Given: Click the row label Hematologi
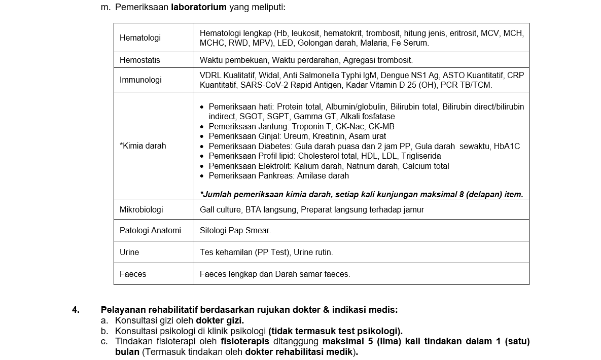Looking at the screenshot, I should click(x=140, y=38).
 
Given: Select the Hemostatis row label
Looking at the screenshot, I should click(x=139, y=60).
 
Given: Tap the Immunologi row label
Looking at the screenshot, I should click(x=140, y=80).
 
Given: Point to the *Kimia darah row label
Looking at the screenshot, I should click(x=143, y=146).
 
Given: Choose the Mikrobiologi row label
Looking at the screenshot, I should click(x=141, y=209).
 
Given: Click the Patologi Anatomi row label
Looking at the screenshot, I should click(x=150, y=231).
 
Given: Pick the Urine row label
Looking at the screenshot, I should click(x=129, y=253).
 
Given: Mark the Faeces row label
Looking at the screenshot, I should click(x=133, y=274).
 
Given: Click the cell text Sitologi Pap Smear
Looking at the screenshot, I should click(x=235, y=231).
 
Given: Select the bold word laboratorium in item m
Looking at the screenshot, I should click(x=199, y=7).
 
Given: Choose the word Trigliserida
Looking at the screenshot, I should click(x=421, y=156).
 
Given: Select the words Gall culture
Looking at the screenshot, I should click(x=220, y=209).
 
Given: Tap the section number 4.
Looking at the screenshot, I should click(x=76, y=310).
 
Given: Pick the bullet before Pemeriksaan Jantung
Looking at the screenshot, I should click(x=202, y=127).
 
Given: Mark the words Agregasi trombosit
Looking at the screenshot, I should click(x=378, y=60).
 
